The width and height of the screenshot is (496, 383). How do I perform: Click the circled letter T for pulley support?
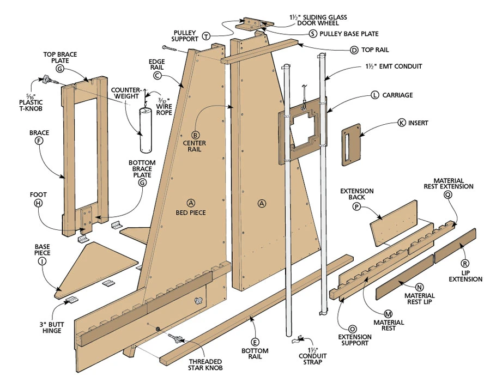point(206,37)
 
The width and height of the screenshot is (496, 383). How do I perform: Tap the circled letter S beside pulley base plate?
point(313,34)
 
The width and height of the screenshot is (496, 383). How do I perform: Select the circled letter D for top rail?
point(354,50)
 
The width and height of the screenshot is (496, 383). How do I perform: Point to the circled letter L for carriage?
point(375,95)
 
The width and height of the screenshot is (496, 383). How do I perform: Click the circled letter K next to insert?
point(401,123)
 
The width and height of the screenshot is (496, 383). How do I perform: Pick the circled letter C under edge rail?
point(157,76)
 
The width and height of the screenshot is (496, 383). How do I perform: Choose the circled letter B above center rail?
point(196,135)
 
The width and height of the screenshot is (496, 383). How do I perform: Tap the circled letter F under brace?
point(39,141)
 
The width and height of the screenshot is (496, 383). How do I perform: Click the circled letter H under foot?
point(38,203)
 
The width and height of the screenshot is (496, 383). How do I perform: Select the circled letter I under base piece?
point(42,261)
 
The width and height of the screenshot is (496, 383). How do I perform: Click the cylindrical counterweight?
point(147,130)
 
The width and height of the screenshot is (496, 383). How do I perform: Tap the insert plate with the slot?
point(351,144)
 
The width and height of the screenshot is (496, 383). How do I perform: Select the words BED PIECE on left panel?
point(191,213)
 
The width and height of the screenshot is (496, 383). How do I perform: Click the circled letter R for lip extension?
point(465,263)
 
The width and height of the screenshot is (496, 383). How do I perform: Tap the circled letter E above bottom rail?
point(255,342)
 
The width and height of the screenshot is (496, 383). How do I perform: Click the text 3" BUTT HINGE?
point(52,327)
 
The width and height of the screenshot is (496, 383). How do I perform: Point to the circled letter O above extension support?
point(353,329)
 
